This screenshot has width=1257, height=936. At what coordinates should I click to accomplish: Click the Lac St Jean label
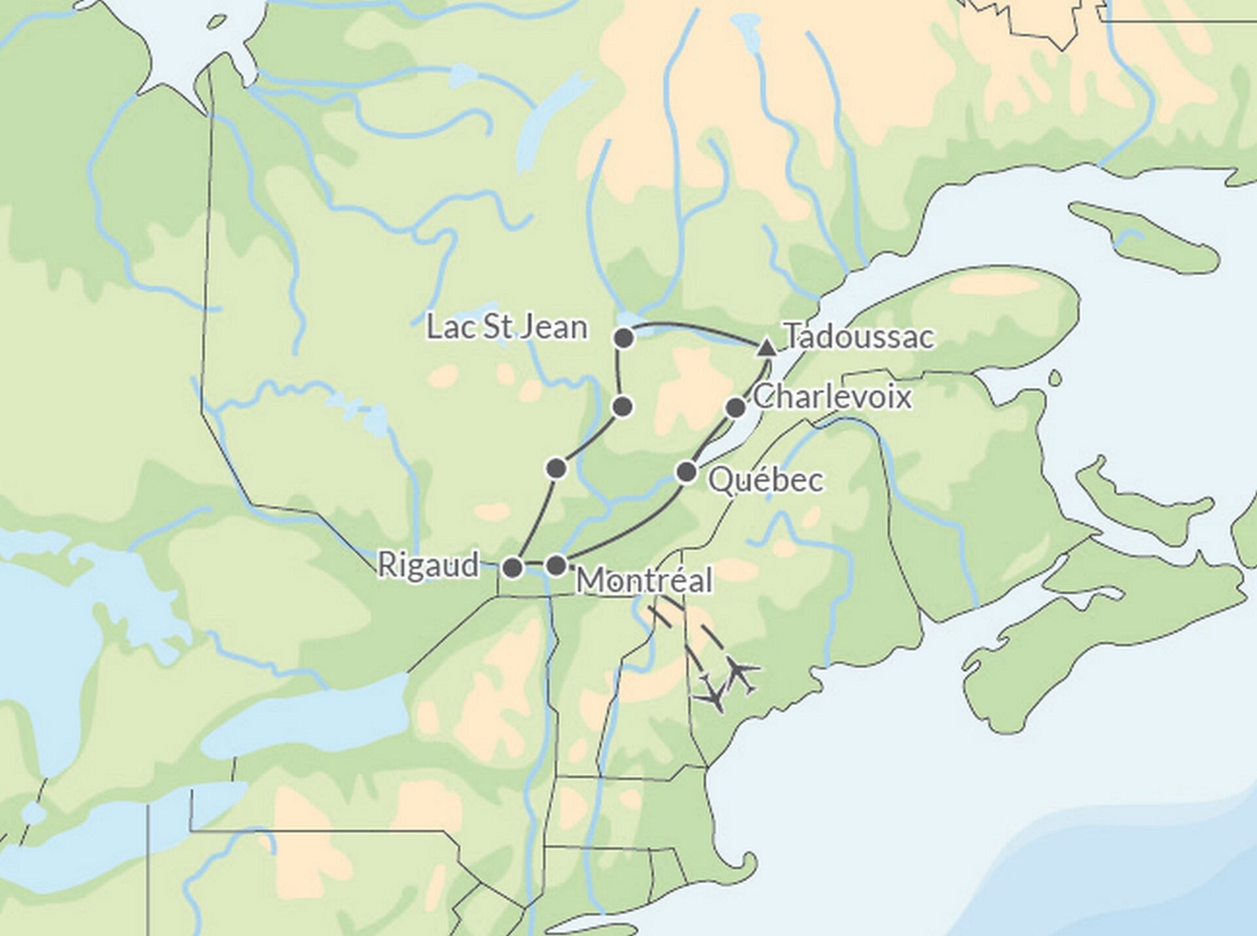pos(507,327)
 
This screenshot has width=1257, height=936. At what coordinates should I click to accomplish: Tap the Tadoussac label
pos(859,337)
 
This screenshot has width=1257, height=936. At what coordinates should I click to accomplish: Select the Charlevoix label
pos(831,397)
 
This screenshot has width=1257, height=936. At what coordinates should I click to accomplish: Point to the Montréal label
pos(644,581)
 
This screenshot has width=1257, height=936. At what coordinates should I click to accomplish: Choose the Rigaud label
pos(429,565)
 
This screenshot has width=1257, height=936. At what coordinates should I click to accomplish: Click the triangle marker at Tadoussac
pos(766,348)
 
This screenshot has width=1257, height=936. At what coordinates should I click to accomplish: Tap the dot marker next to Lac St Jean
pos(625,338)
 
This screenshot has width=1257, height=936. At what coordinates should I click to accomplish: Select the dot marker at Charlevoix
pos(736,408)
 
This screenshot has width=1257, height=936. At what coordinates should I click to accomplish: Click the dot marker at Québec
pos(686,471)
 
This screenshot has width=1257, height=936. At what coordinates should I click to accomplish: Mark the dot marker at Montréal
pos(556,565)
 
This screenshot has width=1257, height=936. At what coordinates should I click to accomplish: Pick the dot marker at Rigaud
pos(513,567)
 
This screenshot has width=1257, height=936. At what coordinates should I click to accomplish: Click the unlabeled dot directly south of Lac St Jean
pos(623,406)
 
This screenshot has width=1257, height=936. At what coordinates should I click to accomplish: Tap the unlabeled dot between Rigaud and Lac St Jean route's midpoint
pos(556,468)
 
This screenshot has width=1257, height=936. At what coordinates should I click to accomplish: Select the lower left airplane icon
pos(714,697)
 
